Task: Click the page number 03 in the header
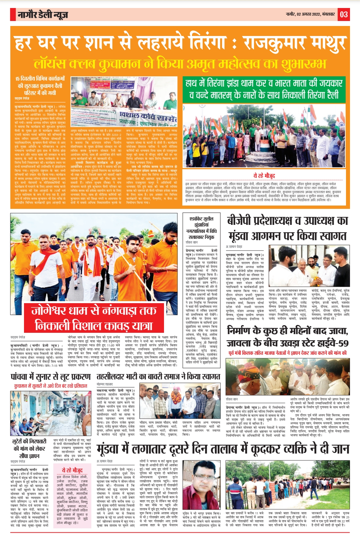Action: [x=344, y=15]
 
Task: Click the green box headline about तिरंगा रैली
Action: [x=264, y=89]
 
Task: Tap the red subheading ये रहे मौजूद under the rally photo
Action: [x=264, y=176]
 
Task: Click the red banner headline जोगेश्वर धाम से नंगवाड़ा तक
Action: [x=94, y=311]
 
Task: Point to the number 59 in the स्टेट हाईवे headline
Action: [x=341, y=343]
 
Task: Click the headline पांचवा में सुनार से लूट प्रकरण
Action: [x=51, y=377]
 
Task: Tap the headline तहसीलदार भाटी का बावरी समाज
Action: [x=158, y=377]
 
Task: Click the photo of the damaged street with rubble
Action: [x=51, y=413]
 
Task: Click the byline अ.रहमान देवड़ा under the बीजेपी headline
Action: [x=234, y=247]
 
